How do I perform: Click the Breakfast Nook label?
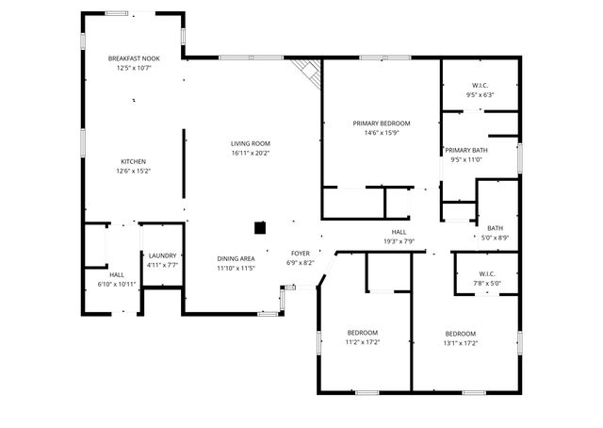pyautogui.click(x=134, y=58)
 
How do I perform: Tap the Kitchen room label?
pyautogui.click(x=133, y=161)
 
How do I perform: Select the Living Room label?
pyautogui.click(x=251, y=143)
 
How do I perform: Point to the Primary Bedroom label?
pyautogui.click(x=382, y=123)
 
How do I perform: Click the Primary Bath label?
pyautogui.click(x=466, y=150)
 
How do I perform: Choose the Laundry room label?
pyautogui.click(x=162, y=255)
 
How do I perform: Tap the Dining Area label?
pyautogui.click(x=236, y=258)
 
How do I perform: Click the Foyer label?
pyautogui.click(x=300, y=254)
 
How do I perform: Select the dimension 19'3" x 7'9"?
pyautogui.click(x=399, y=241)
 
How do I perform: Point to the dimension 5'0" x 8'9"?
pyautogui.click(x=495, y=238)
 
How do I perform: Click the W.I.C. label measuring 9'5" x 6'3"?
pyautogui.click(x=480, y=94)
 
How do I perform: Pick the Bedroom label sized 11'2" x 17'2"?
pyautogui.click(x=363, y=343)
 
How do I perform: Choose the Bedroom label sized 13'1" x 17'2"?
pyautogui.click(x=461, y=343)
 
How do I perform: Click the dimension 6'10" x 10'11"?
pyautogui.click(x=117, y=284)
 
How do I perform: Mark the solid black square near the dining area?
pyautogui.click(x=260, y=227)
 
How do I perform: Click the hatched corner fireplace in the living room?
pyautogui.click(x=307, y=73)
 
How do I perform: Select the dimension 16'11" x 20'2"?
pyautogui.click(x=251, y=153)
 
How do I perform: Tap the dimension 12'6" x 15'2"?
pyautogui.click(x=133, y=171)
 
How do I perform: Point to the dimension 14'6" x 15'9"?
pyautogui.click(x=382, y=133)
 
